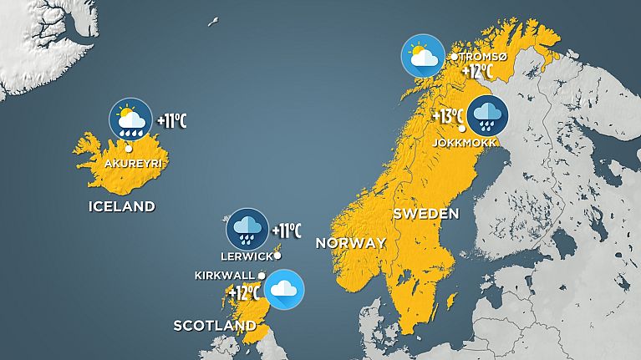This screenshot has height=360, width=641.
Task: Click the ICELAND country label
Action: pyautogui.click(x=122, y=206)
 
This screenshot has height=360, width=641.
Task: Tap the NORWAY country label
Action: pyautogui.click(x=350, y=243)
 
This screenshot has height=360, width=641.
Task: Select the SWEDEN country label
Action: pyautogui.click(x=425, y=214)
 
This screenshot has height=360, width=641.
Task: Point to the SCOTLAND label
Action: pyautogui.click(x=214, y=325)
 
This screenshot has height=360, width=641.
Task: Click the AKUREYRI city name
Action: pyautogui.click(x=130, y=163)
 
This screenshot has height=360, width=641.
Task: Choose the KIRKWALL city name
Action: pyautogui.click(x=224, y=275)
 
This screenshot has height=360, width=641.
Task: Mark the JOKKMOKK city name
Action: pyautogui.click(x=465, y=143)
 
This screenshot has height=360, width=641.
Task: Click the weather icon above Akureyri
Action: pyautogui.click(x=130, y=119)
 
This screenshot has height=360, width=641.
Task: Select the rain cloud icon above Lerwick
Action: pyautogui.click(x=247, y=228)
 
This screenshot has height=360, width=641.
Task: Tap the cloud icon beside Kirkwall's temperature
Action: pyautogui.click(x=284, y=290)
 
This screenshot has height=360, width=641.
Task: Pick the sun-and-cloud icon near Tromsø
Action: pyautogui.click(x=422, y=55)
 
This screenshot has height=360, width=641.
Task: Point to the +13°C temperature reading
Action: pyautogui.click(x=448, y=116)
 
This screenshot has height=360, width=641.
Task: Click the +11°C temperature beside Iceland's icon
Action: pyautogui.click(x=171, y=120)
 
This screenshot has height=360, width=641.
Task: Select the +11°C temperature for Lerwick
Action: pyautogui.click(x=287, y=230)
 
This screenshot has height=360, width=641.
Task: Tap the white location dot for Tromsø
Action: pyautogui.click(x=455, y=57)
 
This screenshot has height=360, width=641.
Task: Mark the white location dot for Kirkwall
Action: pyautogui.click(x=262, y=275)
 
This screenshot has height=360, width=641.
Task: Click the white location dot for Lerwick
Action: pyautogui.click(x=277, y=256)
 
